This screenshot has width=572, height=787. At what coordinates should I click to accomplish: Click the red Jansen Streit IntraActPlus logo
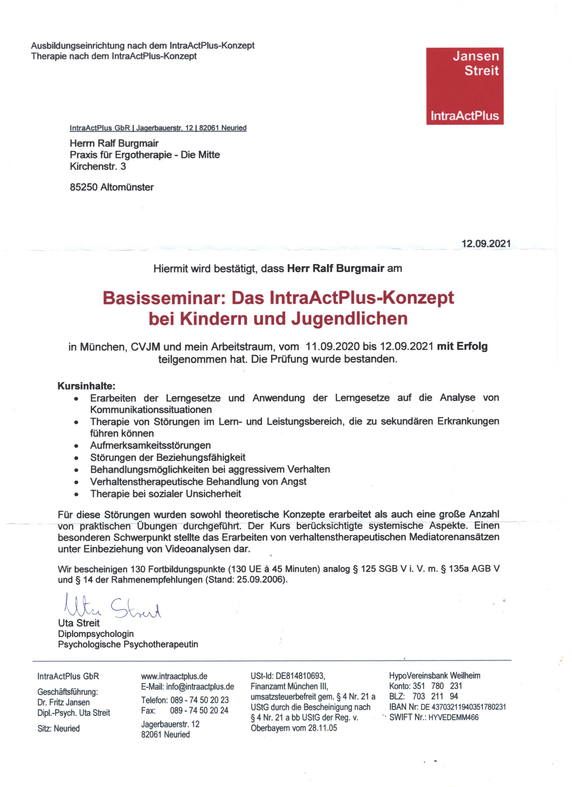click(465, 86)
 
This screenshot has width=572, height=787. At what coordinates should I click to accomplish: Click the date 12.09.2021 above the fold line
click(486, 244)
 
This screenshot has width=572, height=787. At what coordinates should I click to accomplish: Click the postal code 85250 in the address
click(83, 187)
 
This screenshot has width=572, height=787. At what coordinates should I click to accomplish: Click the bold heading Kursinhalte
click(86, 386)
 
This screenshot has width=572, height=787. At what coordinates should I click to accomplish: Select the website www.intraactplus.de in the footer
click(174, 676)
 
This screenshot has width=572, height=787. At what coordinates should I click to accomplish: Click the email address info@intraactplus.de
click(200, 687)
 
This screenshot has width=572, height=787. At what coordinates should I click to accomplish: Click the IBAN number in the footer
click(463, 707)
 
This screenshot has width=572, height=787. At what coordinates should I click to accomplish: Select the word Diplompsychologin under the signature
click(96, 634)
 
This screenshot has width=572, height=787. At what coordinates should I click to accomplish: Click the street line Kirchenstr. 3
click(98, 166)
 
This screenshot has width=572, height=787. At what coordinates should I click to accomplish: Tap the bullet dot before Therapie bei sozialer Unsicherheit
click(76, 494)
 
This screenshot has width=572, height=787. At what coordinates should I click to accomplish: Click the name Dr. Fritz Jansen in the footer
click(63, 702)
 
